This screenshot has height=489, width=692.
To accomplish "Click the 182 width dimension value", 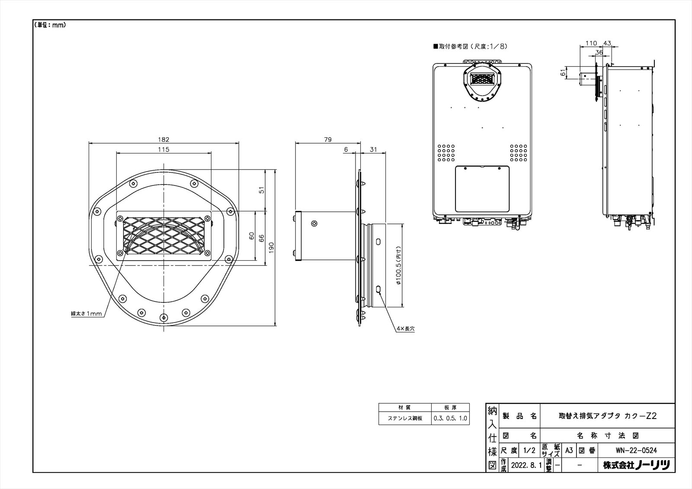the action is [x=164, y=140].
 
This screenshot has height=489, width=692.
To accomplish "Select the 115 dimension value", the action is [x=164, y=150].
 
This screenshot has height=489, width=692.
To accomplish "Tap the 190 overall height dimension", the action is [x=271, y=247].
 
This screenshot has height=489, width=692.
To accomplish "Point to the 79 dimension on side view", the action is [x=328, y=140].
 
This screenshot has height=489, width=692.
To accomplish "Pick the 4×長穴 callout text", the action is [x=406, y=329].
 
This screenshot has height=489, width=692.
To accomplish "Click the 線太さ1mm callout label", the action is [x=86, y=313].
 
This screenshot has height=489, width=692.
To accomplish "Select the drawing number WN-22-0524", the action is [x=636, y=451].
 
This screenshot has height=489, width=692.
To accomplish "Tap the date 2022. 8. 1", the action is [x=526, y=465].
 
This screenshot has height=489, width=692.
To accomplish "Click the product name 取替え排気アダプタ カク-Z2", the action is [x=607, y=416].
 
